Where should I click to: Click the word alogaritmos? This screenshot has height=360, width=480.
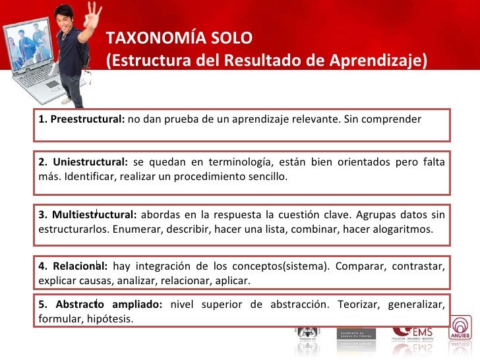pos(404,229)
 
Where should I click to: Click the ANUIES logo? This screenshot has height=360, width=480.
pos(464,333)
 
